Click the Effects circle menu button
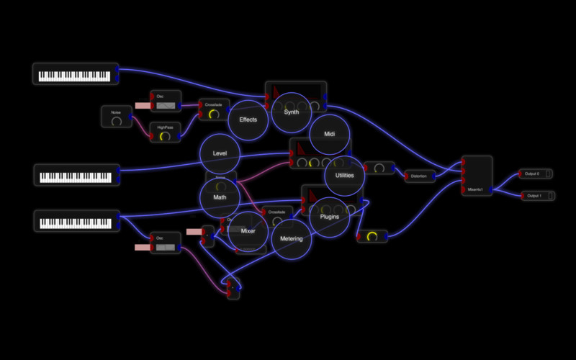pos(248,120)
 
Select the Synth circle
pos(292,112)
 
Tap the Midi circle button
pos(330,135)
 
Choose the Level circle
pos(220,153)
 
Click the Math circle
pos(220,197)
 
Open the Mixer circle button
pos(248,232)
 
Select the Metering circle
pos(292,239)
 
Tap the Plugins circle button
pos(330,217)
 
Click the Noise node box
pos(117,117)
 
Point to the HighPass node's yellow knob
pos(165,136)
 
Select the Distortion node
pos(420,176)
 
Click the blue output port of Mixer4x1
pos(492,190)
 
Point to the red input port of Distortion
pos(405,176)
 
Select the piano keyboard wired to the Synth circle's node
pos(75,74)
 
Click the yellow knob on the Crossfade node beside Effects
pos(213,114)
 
